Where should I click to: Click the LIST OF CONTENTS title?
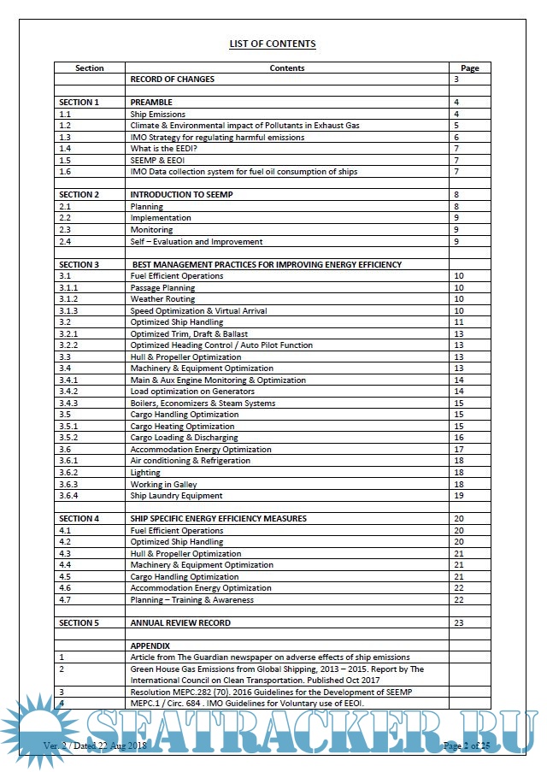[273, 44]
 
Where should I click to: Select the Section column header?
[90, 68]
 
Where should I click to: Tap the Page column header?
[469, 68]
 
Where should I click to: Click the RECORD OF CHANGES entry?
[172, 80]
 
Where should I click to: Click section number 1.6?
[65, 172]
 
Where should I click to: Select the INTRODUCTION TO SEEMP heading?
[181, 195]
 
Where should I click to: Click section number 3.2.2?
[68, 345]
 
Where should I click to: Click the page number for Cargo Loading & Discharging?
[459, 438]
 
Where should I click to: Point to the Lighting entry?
[145, 472]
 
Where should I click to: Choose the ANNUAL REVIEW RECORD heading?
[180, 622]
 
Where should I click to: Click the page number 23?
[459, 622]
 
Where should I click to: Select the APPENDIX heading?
[150, 645]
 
